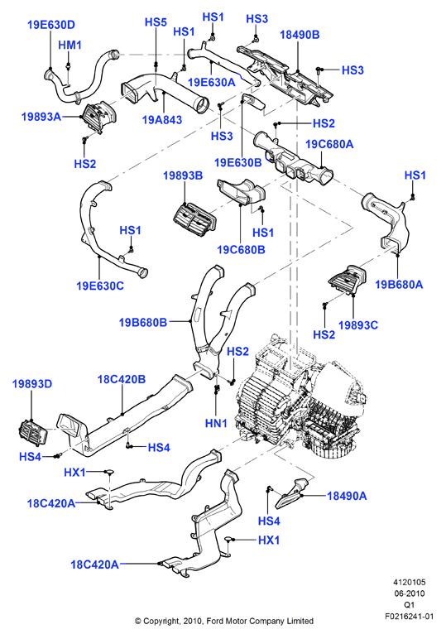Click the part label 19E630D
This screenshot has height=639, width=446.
tap(51, 25)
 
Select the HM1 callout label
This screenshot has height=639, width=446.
tap(70, 45)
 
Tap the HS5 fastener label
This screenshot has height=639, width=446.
tap(156, 22)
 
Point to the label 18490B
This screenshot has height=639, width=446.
tap(300, 35)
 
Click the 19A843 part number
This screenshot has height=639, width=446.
tap(162, 120)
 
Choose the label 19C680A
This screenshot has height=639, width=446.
tap(329, 144)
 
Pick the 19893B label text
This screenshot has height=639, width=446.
tap(183, 175)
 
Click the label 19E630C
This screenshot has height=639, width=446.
tap(100, 286)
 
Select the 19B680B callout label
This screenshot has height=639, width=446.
tap(143, 322)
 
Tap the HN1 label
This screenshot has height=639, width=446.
tap(216, 424)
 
